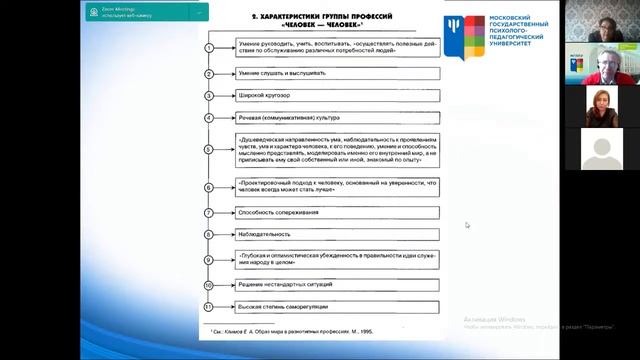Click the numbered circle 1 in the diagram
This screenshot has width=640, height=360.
point(208,48)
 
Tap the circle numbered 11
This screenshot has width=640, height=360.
point(208,306)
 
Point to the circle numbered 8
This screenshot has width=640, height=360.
point(208,234)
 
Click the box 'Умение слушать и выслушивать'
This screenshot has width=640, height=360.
point(338,74)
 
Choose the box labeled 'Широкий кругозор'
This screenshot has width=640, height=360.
point(338,96)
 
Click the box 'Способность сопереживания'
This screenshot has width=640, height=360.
point(338,212)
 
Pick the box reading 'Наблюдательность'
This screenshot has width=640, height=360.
point(338,234)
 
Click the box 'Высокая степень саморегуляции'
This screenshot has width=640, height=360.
point(338,306)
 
